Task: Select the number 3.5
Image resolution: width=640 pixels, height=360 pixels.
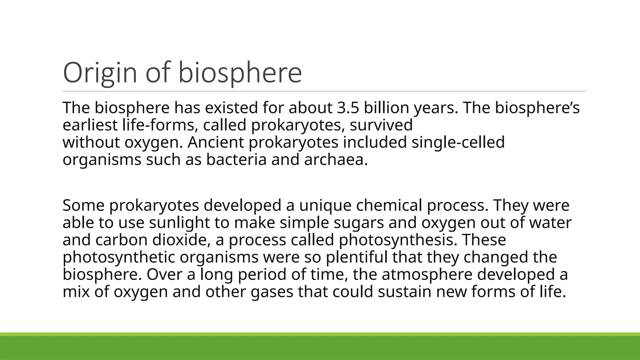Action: point(348,108)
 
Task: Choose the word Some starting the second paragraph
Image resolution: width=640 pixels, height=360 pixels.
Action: point(83,206)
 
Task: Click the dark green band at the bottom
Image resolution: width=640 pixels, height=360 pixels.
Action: point(320,348)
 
